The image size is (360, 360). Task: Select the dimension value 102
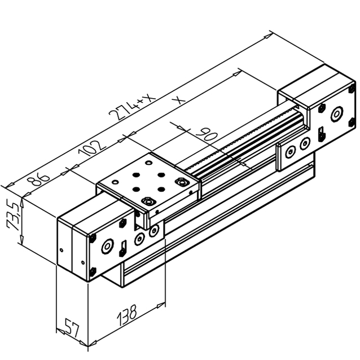(92, 149)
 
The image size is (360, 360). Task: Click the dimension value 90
(207, 134)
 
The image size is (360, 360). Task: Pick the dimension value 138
(127, 315)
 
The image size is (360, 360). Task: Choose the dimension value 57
(72, 327)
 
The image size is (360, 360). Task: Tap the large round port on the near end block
(107, 246)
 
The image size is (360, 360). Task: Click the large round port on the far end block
(337, 114)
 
